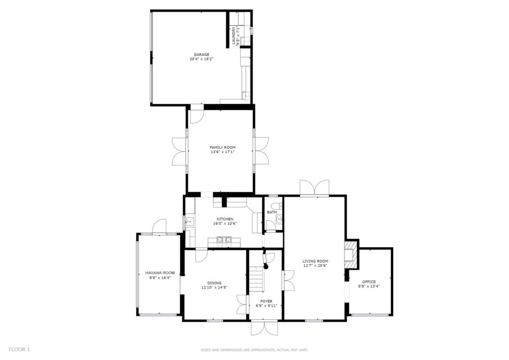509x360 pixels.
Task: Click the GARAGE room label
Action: point(201,55)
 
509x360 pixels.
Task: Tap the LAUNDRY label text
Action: point(234,36)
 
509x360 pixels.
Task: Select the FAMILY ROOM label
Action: point(222,147)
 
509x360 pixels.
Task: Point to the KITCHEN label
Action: point(225,219)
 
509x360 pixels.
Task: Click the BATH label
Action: point(272,212)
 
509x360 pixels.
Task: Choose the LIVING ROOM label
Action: point(315,261)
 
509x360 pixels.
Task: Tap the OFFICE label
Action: point(369,282)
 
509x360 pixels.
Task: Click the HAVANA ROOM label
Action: point(160,273)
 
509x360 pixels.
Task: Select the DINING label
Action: point(214,283)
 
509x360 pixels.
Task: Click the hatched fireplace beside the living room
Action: point(351,254)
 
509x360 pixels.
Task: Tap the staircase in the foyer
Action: point(256,279)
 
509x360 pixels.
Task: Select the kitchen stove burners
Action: point(224,240)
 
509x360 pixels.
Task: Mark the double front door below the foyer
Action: point(264,328)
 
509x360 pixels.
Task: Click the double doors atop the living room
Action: point(314,187)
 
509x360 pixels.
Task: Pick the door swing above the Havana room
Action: point(159,226)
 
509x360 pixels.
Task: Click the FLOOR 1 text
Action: point(19,350)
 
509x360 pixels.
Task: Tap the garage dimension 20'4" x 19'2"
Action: point(201,59)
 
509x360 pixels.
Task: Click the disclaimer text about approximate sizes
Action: point(254,350)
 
